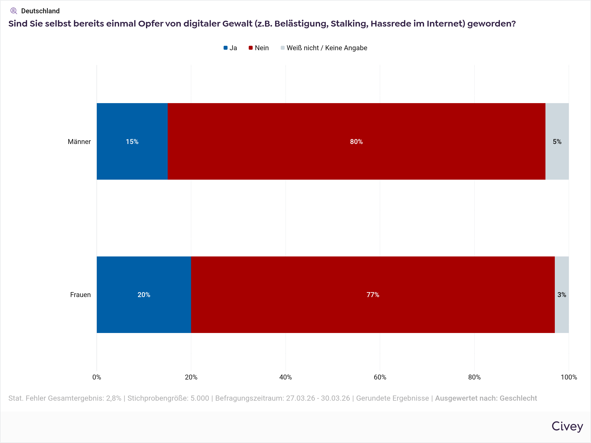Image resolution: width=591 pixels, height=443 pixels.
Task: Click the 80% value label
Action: click(356, 142)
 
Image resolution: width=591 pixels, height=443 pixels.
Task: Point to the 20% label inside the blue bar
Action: click(144, 295)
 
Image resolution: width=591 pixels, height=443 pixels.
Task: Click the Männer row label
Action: click(79, 142)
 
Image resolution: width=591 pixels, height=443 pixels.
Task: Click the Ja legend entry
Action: click(230, 48)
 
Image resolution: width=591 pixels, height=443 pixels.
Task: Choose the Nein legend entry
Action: click(259, 48)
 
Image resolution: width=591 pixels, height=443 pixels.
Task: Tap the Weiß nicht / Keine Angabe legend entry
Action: click(324, 48)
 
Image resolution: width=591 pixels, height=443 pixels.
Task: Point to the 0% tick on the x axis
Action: click(97, 377)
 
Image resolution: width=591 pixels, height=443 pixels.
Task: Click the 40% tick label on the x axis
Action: click(285, 377)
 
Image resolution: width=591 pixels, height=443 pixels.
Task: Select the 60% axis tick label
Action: click(380, 377)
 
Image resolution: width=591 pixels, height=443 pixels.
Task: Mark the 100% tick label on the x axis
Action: click(569, 377)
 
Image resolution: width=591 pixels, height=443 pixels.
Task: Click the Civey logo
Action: click(567, 426)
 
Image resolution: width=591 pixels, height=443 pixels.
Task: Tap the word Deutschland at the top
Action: click(40, 11)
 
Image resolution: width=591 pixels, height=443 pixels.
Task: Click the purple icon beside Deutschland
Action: click(14, 11)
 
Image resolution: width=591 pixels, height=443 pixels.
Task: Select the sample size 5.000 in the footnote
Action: click(199, 398)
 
